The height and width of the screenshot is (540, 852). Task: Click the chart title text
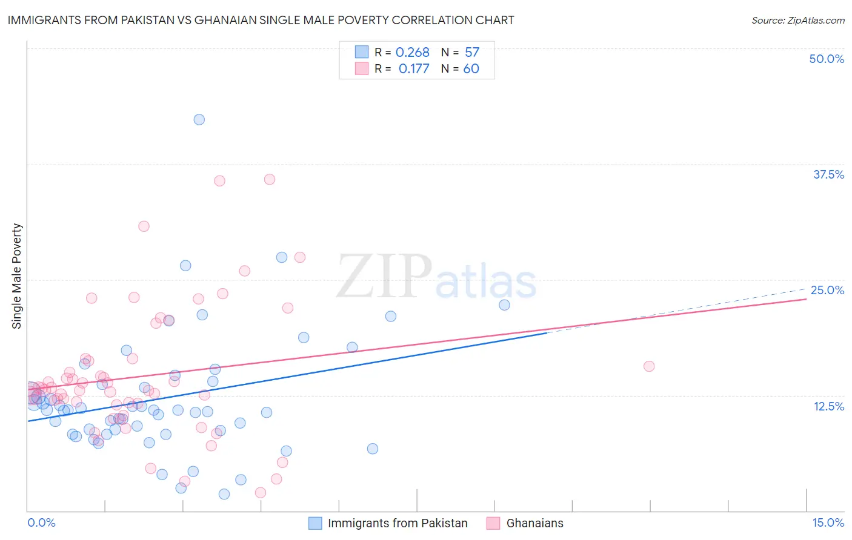(261, 20)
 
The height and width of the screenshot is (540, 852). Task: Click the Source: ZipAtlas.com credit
(797, 21)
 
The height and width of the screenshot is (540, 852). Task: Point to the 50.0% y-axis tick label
(827, 59)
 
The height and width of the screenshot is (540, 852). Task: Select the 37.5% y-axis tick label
(828, 174)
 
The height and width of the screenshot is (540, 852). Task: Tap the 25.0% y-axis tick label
(827, 290)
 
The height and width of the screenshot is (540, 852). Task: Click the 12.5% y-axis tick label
(828, 406)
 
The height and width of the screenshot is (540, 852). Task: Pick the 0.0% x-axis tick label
(41, 522)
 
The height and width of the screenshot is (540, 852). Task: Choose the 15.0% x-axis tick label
(828, 522)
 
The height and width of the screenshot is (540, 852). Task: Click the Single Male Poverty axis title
(17, 276)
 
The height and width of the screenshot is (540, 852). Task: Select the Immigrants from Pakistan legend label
(398, 523)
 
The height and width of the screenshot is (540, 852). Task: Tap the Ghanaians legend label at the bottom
(534, 523)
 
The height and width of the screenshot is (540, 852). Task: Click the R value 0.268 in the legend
(412, 53)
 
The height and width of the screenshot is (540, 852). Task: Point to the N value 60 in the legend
(471, 68)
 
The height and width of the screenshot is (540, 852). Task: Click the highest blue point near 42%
(199, 119)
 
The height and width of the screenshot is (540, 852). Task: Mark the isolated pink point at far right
(649, 366)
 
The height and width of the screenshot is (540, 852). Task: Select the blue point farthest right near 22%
(504, 305)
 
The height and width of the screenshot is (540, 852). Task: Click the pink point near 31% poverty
(144, 226)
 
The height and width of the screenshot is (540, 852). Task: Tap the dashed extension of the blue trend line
(679, 309)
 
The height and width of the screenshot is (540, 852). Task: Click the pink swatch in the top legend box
(362, 68)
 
